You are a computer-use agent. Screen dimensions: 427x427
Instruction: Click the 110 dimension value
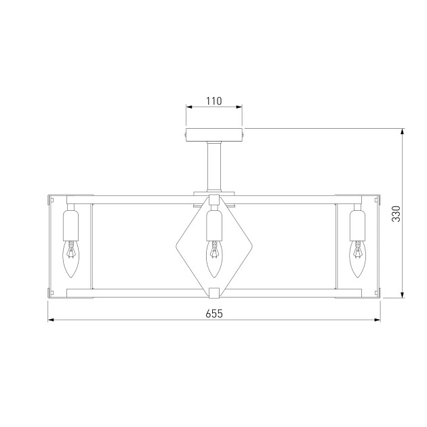pyautogui.click(x=213, y=101)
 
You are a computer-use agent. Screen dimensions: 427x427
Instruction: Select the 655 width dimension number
pyautogui.click(x=214, y=314)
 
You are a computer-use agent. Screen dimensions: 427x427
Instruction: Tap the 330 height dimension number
pyautogui.click(x=396, y=213)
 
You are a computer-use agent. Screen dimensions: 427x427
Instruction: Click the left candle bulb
pyautogui.click(x=70, y=259)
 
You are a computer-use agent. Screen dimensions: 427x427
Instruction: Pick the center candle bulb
pyautogui.click(x=214, y=259)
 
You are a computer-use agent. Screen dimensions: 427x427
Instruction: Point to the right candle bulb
pyautogui.click(x=357, y=259)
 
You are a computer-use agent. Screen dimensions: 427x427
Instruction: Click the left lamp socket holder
pyautogui.click(x=70, y=226)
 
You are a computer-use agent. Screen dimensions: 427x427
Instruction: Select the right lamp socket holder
pyautogui.click(x=357, y=226)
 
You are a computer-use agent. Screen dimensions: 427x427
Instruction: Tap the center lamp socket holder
pyautogui.click(x=214, y=226)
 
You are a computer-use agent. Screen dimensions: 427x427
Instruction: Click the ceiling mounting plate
pyautogui.click(x=214, y=135)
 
